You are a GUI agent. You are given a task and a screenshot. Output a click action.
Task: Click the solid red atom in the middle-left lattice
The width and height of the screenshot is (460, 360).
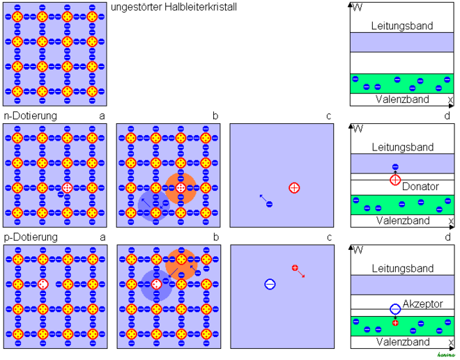pos(67,188)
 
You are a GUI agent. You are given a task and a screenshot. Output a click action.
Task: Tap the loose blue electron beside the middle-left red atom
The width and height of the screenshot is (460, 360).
pos(61,195)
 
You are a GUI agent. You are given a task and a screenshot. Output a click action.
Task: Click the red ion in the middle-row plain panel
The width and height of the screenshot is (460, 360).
pos(294,188)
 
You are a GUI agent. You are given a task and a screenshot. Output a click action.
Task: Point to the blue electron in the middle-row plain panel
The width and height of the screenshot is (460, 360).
pos(269,204)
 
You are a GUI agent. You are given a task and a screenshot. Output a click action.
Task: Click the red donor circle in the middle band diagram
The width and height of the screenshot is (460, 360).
pos(395,180)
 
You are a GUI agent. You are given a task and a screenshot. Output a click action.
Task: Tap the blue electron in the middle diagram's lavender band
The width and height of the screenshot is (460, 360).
pos(395,167)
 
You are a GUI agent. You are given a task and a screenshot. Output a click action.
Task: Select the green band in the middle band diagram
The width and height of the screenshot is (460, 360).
pos(402,205)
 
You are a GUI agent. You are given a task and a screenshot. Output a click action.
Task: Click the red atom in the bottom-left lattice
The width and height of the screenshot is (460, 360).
pos(43,284)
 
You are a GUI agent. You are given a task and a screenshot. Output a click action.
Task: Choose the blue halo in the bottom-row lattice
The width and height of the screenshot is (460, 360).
pos(156,285)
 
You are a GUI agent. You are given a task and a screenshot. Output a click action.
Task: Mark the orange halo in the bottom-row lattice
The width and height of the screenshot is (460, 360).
pos(181,264)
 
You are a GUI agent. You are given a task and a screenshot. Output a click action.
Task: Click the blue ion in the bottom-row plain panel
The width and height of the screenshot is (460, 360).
pos(270,284)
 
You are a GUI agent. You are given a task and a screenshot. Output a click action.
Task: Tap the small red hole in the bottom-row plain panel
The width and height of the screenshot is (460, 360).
pos(295,268)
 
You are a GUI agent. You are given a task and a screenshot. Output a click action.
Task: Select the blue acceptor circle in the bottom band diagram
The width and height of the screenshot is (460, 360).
pos(395,308)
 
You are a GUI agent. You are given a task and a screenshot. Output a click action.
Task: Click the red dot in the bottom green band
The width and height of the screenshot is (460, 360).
pos(395,322)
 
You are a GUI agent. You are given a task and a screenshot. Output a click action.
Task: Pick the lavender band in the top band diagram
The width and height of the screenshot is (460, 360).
pos(401,42)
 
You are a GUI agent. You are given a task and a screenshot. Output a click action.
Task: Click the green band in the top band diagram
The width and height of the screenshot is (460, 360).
pos(401,84)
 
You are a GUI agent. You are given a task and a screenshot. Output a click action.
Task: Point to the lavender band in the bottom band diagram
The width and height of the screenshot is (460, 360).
pos(402,285)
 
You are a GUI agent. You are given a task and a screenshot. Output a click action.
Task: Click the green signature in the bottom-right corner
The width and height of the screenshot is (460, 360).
pos(445,355)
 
